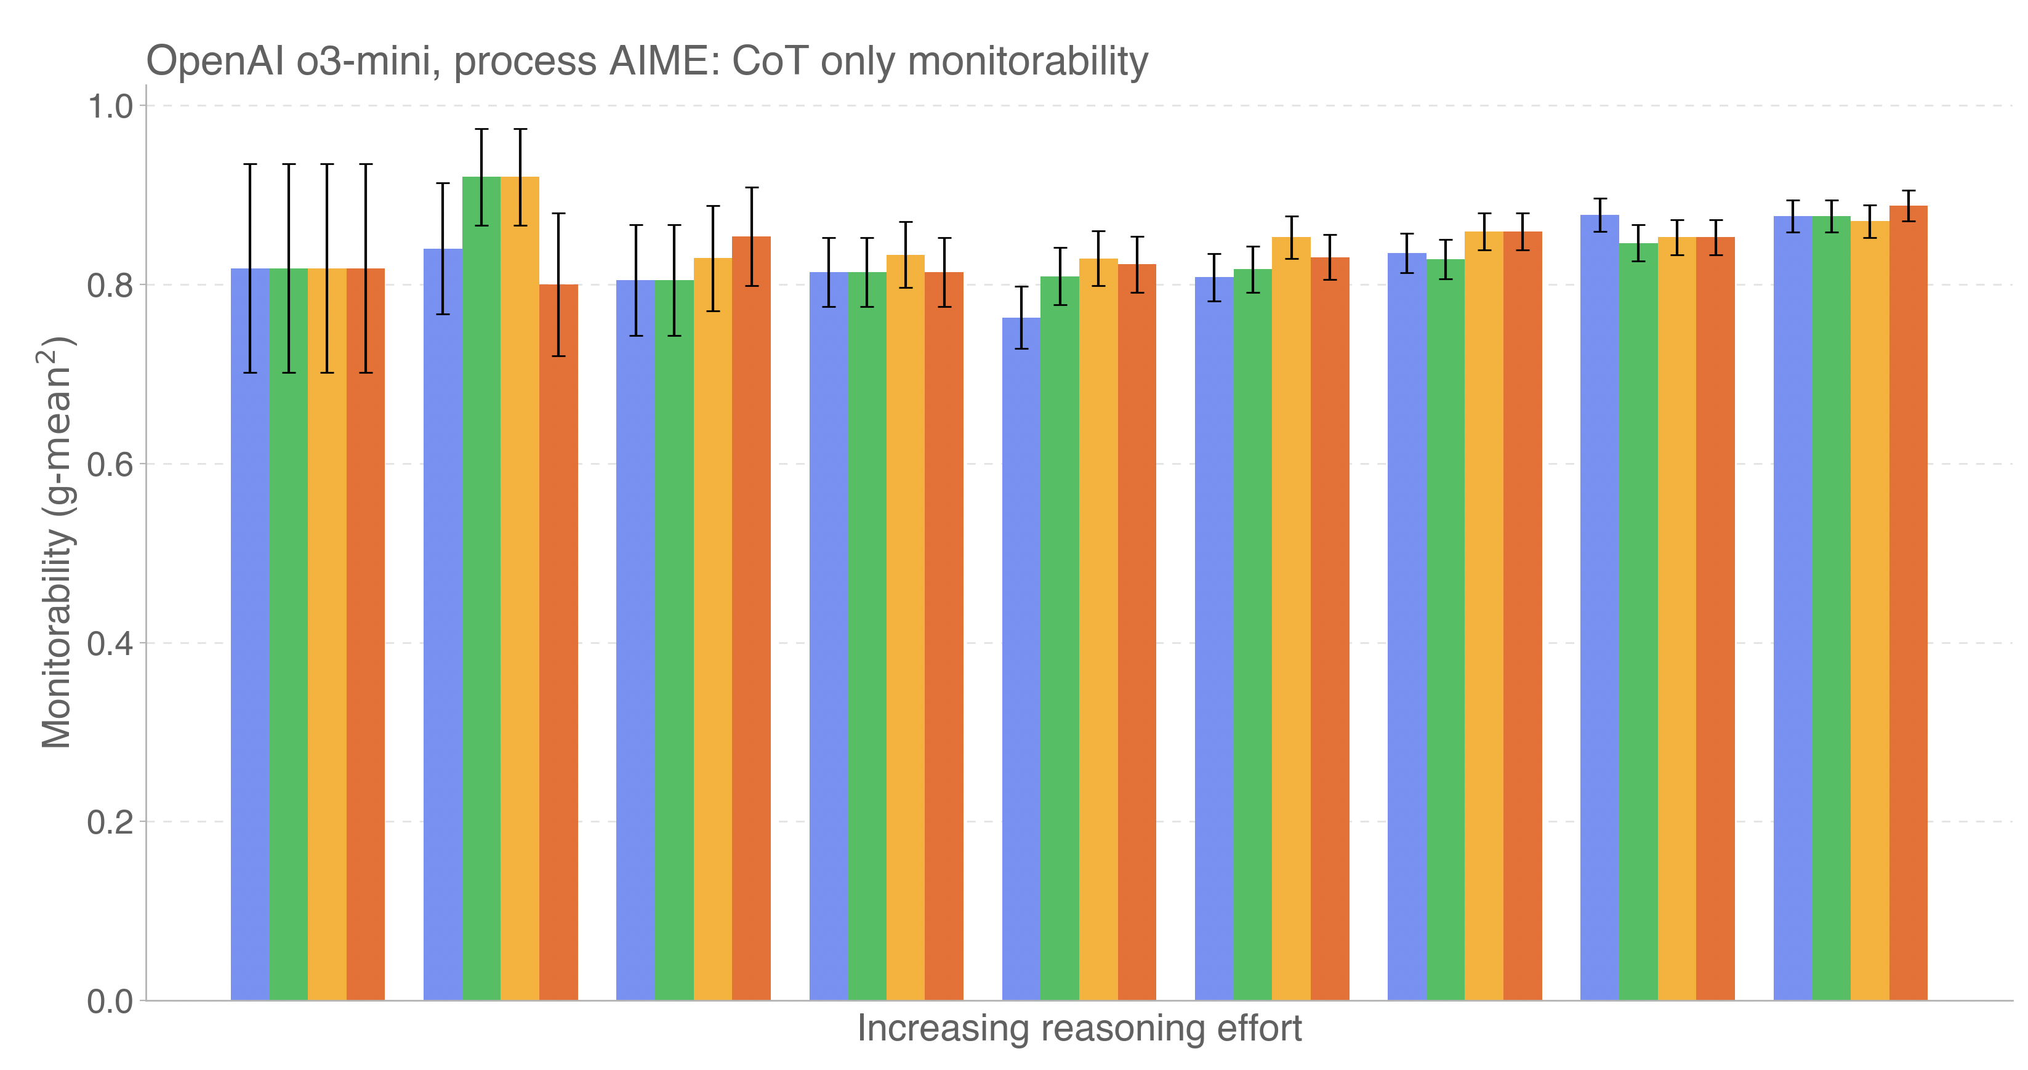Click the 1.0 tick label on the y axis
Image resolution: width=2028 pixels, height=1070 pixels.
(x=110, y=107)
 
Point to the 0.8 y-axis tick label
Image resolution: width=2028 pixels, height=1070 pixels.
(x=110, y=285)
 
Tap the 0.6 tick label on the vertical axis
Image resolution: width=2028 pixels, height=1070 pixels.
(x=110, y=464)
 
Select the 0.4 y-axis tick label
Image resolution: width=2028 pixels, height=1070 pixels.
(x=110, y=643)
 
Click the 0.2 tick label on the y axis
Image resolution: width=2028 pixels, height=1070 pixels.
(x=110, y=822)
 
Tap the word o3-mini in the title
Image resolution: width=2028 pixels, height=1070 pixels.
(x=368, y=62)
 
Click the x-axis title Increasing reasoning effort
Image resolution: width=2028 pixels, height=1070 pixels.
(x=1079, y=1028)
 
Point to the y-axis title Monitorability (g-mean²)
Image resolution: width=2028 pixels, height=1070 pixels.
(x=57, y=543)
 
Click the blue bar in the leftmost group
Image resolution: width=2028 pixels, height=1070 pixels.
(x=249, y=630)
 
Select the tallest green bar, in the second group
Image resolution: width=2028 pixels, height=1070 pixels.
(x=481, y=590)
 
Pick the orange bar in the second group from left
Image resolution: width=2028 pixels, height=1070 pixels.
(x=558, y=642)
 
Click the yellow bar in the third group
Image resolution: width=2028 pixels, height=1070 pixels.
(x=712, y=630)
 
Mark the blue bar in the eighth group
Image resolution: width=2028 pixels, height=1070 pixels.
(x=1599, y=606)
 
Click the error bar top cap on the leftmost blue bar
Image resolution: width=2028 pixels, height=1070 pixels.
(x=249, y=164)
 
